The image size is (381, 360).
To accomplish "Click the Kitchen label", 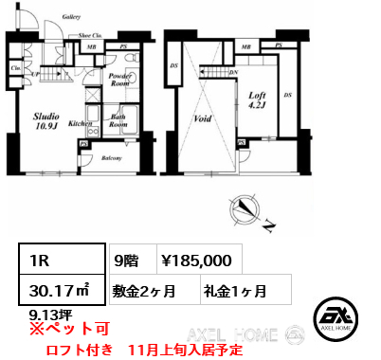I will (x=80, y=123).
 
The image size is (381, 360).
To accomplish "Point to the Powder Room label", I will (x=119, y=79).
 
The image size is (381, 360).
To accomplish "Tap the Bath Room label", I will (x=118, y=121).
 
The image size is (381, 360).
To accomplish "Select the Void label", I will (x=200, y=119).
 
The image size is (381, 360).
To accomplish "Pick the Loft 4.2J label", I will (x=256, y=100).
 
